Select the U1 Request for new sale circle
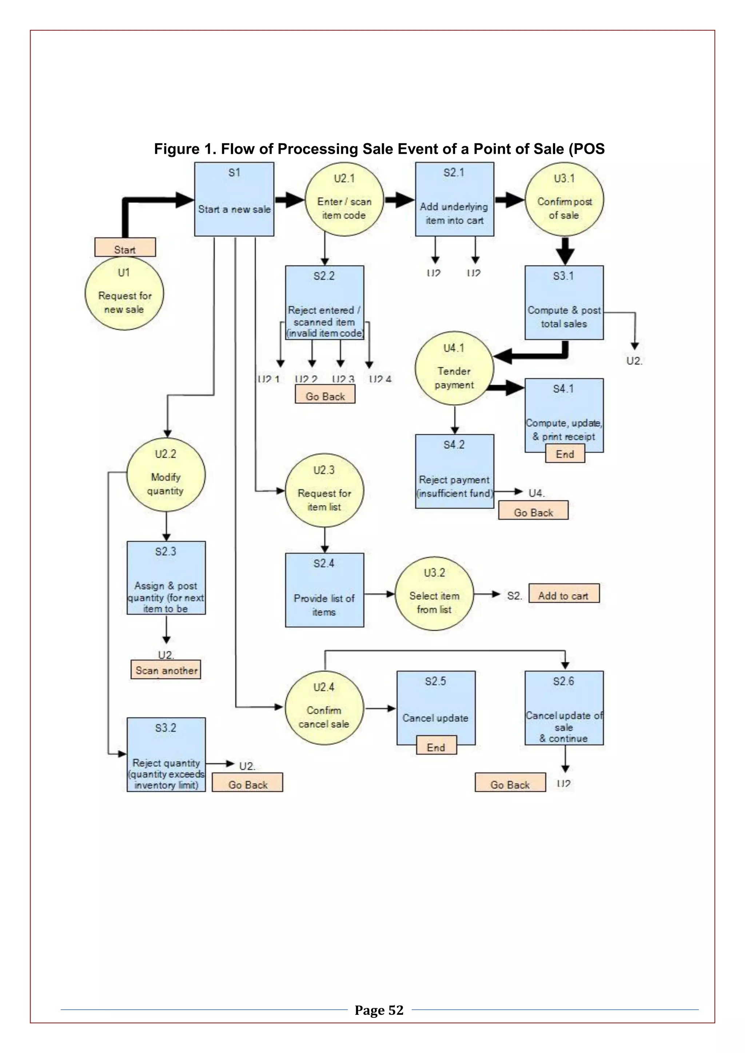pos(124,293)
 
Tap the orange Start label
pos(125,248)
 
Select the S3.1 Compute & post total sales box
pos(564,303)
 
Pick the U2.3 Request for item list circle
pos(324,491)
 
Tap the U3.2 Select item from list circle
pos(434,593)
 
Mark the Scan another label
pos(166,670)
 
